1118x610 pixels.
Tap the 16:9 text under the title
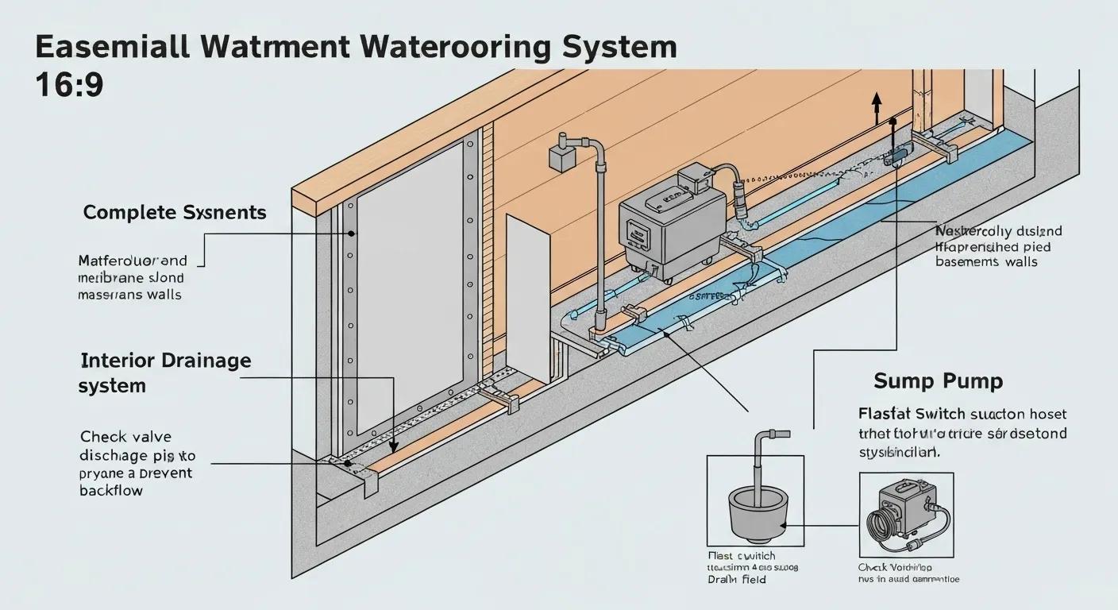coord(69,85)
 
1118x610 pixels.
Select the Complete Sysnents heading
coord(175,213)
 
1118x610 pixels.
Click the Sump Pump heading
coord(938,381)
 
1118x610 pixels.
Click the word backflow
coord(111,491)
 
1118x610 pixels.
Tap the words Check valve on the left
coord(125,437)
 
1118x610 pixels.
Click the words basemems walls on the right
coord(986,262)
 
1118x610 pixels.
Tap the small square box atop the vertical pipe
coord(560,156)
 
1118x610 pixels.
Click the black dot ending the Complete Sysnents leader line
coord(350,234)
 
